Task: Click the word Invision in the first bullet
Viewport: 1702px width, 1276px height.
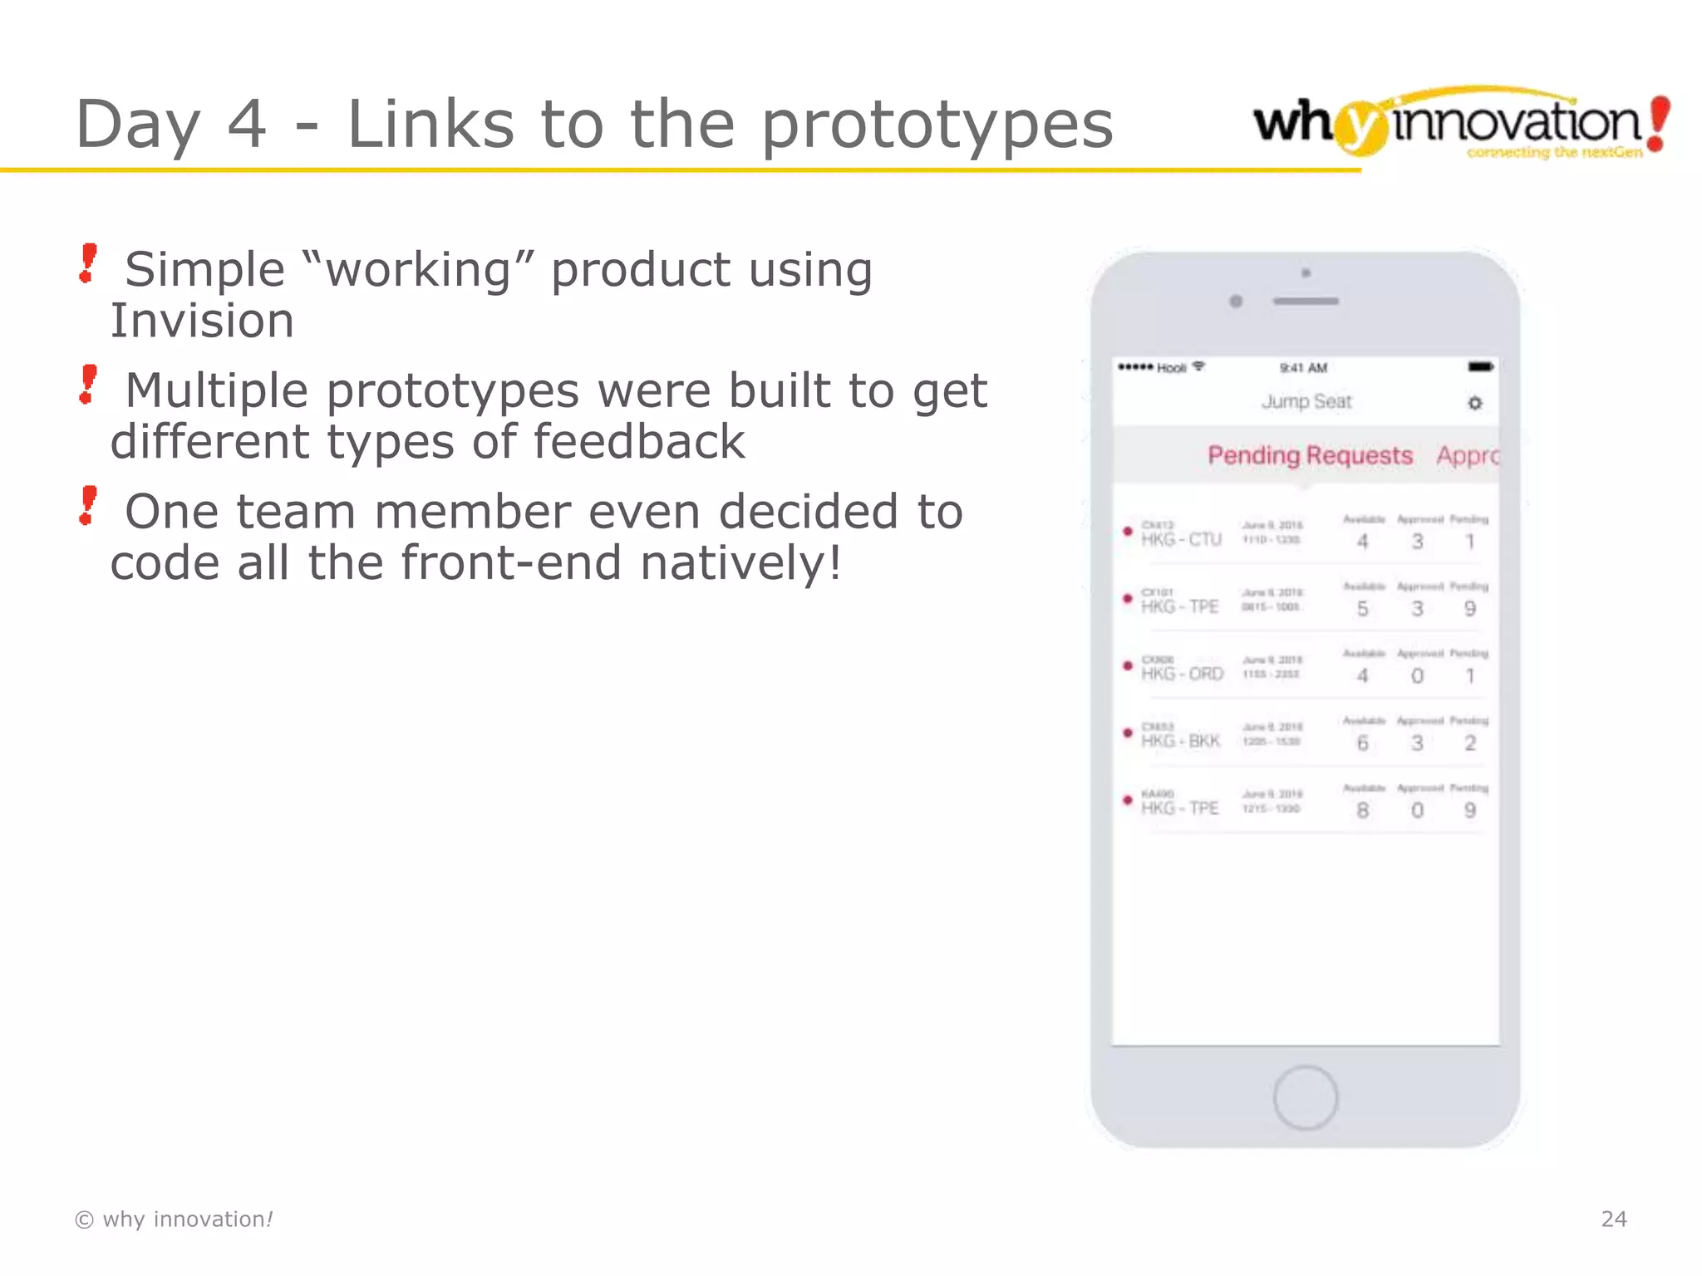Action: pos(202,321)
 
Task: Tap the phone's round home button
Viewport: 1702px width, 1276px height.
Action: pos(1305,1097)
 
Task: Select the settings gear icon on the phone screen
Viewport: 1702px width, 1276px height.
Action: pos(1474,403)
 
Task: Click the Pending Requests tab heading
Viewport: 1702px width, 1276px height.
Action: pos(1310,455)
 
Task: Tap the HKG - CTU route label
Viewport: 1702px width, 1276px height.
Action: pos(1181,540)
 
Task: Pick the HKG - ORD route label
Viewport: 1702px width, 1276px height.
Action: pos(1182,674)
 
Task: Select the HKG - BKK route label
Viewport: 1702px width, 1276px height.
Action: pos(1180,741)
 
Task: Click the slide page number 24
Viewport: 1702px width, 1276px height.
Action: pos(1613,1219)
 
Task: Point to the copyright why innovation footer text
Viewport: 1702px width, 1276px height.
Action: pos(174,1219)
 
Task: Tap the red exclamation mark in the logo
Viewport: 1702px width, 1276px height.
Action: pos(1658,123)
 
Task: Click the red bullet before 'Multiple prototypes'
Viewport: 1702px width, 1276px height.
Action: pos(88,385)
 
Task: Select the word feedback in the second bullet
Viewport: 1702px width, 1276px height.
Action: pos(638,442)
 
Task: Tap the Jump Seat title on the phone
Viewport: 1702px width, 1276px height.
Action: pos(1306,402)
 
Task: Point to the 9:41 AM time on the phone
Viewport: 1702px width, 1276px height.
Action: pos(1303,367)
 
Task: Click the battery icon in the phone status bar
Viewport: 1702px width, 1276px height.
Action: pos(1480,366)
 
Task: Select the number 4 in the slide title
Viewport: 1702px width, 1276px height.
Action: pos(247,124)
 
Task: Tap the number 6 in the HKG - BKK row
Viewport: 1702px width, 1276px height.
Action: pos(1362,743)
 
